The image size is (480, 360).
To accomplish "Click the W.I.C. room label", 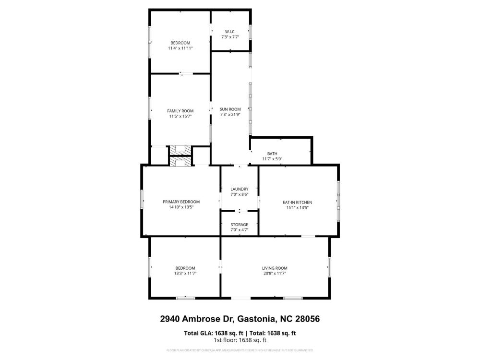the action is click(x=230, y=32).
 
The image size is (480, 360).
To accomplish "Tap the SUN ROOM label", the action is click(x=230, y=109).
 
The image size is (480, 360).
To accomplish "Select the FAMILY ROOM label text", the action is click(x=180, y=111).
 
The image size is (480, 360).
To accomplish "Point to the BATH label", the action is click(x=272, y=154).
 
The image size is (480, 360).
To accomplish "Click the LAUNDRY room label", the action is click(x=240, y=189).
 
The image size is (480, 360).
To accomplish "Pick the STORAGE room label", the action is click(x=240, y=225).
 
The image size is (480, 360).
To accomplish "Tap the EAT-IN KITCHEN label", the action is click(x=297, y=203).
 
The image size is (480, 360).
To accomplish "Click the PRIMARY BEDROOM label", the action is click(x=181, y=202).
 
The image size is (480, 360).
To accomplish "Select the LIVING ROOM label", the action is click(x=275, y=268).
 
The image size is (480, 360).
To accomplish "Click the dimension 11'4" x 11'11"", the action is click(x=180, y=48).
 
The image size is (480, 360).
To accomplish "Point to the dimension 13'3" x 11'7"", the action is click(x=185, y=274).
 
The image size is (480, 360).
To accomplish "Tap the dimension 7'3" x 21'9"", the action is click(x=230, y=115).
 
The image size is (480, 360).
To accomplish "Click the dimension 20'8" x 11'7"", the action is click(x=275, y=274).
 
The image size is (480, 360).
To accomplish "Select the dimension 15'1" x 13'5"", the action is click(x=297, y=207).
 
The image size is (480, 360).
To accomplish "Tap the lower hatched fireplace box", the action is click(x=180, y=161).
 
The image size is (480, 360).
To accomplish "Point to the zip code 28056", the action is click(x=307, y=319).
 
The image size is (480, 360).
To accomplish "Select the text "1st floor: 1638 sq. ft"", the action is click(x=240, y=340).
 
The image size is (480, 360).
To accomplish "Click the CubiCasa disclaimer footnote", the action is click(x=240, y=350).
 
